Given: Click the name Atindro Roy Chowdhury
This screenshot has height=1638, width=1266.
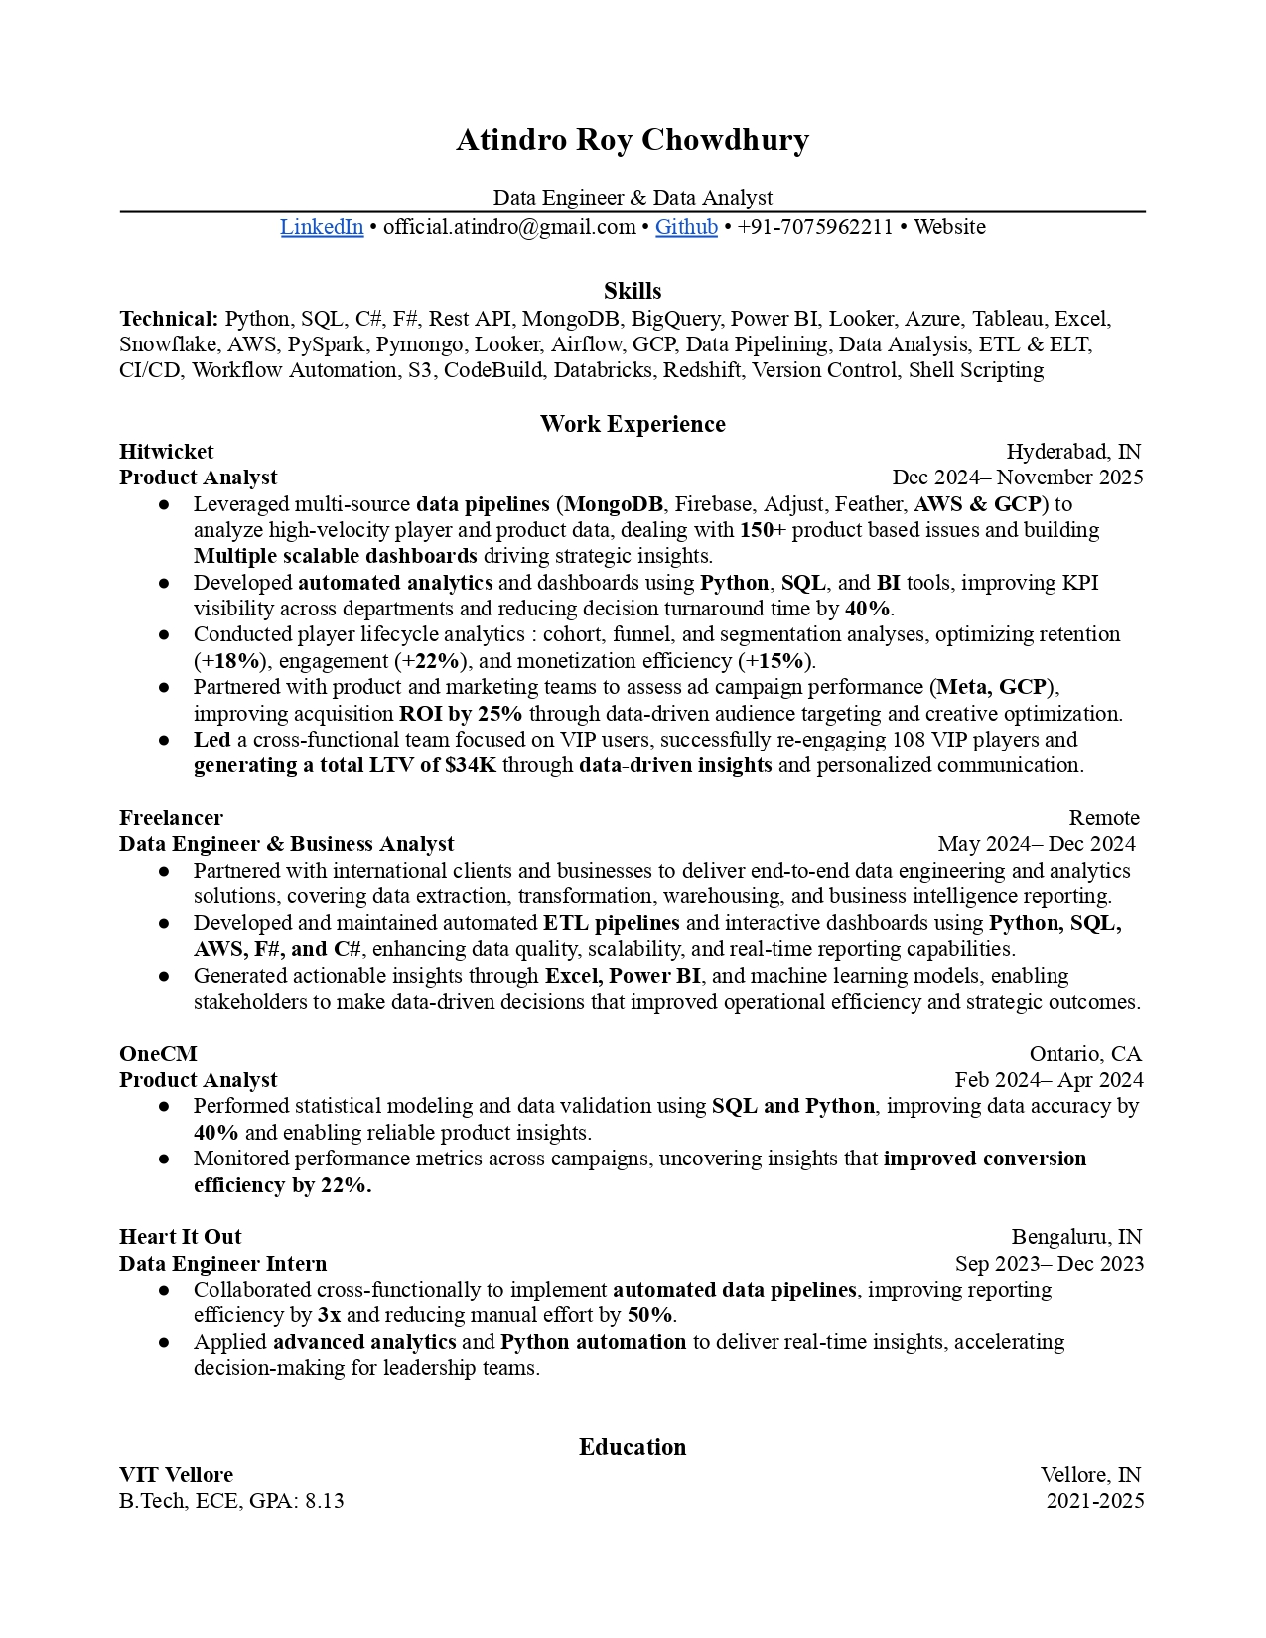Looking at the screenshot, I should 633,140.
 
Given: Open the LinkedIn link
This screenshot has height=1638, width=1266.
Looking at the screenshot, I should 322,227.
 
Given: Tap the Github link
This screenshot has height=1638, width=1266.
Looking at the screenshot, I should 686,227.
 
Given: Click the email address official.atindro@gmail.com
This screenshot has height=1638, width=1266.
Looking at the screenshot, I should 509,227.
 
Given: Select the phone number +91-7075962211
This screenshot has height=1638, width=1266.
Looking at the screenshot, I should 815,227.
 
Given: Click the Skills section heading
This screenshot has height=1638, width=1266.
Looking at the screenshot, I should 633,291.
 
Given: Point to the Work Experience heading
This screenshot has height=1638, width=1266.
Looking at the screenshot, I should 633,424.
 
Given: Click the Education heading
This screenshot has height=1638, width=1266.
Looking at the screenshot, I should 633,1447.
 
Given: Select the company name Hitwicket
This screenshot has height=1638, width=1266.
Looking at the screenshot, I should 167,452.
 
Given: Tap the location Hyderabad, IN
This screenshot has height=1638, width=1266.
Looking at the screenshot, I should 1073,452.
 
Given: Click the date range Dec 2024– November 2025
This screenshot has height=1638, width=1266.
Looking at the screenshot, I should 1018,478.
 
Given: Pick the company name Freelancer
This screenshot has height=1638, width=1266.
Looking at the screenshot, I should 171,818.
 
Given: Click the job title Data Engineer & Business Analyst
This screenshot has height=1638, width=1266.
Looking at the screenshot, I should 286,844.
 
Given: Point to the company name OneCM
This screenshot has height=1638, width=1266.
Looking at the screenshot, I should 158,1054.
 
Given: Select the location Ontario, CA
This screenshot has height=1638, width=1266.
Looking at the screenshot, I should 1085,1054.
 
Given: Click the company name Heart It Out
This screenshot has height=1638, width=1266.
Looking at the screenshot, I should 180,1237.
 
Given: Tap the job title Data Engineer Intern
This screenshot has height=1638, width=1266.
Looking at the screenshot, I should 222,1264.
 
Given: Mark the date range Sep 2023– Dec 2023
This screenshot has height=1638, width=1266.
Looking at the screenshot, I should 1050,1264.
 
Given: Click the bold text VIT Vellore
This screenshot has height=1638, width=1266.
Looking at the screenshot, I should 176,1475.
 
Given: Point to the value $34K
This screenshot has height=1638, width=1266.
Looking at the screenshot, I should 471,765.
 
